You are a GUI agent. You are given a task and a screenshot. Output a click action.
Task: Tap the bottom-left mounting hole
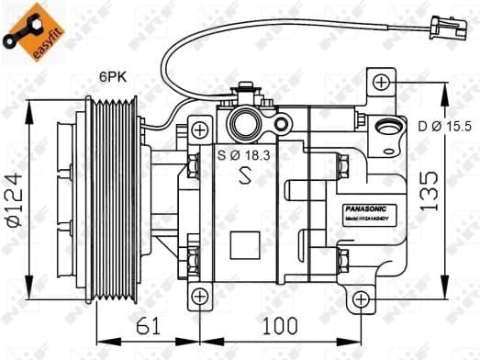pos(201,297)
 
